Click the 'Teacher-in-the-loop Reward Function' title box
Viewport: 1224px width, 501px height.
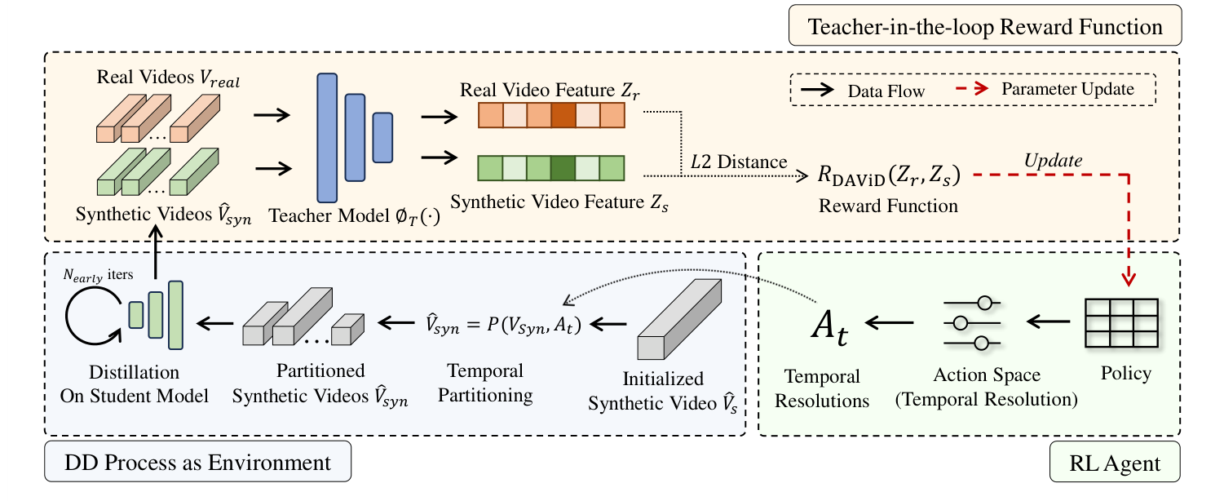tap(984, 27)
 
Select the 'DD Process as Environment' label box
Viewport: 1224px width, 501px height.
tap(197, 463)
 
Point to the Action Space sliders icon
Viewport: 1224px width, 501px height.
tap(975, 324)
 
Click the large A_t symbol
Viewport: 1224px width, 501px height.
tap(829, 326)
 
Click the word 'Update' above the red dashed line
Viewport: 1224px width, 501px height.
tap(1054, 161)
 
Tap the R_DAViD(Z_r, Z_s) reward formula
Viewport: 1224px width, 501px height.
tap(889, 175)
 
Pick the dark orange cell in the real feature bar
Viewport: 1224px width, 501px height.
tap(563, 116)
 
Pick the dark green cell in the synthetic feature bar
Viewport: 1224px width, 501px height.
tap(563, 168)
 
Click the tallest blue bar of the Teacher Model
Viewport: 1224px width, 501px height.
tap(327, 137)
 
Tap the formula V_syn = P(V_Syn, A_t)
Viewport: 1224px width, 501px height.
tap(503, 325)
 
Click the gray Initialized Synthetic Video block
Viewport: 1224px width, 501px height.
tap(676, 318)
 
